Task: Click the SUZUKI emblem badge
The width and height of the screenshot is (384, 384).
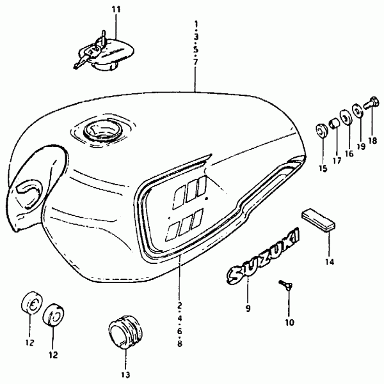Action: pyautogui.click(x=263, y=257)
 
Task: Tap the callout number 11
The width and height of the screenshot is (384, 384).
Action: pyautogui.click(x=116, y=10)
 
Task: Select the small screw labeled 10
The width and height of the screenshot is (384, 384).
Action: pyautogui.click(x=286, y=285)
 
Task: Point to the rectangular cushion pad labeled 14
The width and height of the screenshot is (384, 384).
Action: pyautogui.click(x=319, y=220)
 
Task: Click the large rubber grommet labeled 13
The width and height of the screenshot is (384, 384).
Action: pyautogui.click(x=125, y=331)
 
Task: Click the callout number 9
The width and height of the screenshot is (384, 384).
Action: pyautogui.click(x=248, y=308)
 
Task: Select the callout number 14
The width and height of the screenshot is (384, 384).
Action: pyautogui.click(x=330, y=262)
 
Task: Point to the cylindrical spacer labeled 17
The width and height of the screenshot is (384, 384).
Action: pyautogui.click(x=335, y=123)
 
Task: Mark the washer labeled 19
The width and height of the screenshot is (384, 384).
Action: pyautogui.click(x=358, y=111)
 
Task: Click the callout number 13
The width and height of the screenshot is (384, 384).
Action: pyautogui.click(x=125, y=375)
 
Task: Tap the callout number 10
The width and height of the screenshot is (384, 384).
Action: pyautogui.click(x=289, y=323)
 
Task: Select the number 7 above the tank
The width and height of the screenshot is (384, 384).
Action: pyautogui.click(x=195, y=62)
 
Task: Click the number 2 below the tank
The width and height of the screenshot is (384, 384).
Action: pyautogui.click(x=180, y=305)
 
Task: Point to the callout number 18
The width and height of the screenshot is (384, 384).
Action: pyautogui.click(x=372, y=141)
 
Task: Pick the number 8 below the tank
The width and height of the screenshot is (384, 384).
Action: pyautogui.click(x=180, y=344)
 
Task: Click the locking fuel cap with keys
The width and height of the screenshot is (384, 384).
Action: pyautogui.click(x=104, y=52)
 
